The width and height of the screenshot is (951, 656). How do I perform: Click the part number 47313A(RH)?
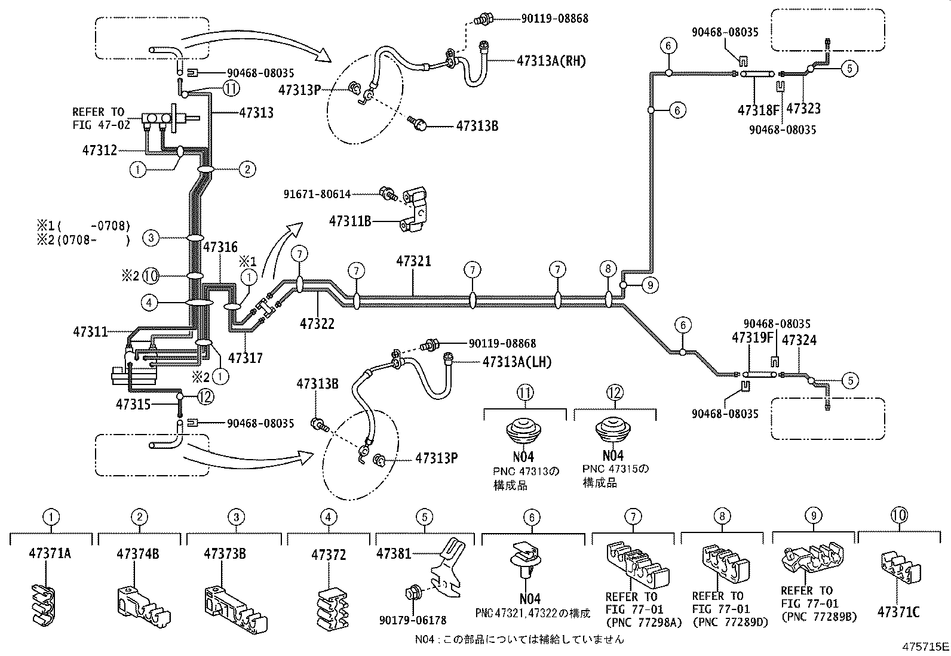pyautogui.click(x=551, y=60)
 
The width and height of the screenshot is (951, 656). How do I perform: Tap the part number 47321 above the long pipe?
pyautogui.click(x=413, y=261)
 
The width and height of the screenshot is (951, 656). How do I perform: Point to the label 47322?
pyautogui.click(x=317, y=324)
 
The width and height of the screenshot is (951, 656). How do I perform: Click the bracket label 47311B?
pyautogui.click(x=350, y=221)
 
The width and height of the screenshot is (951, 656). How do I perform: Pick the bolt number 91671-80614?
pyautogui.click(x=317, y=193)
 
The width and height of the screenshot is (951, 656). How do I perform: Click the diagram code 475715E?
pyautogui.click(x=925, y=646)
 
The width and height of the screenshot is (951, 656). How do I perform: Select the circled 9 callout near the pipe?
pyautogui.click(x=651, y=285)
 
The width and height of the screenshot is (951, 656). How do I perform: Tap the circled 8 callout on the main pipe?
pyautogui.click(x=608, y=269)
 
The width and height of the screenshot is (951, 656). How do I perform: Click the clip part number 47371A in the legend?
pyautogui.click(x=50, y=553)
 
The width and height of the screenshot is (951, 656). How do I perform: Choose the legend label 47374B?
pyautogui.click(x=138, y=553)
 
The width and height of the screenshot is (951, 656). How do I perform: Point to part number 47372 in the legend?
pyautogui.click(x=329, y=555)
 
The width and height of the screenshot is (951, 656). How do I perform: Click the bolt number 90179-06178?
pyautogui.click(x=412, y=620)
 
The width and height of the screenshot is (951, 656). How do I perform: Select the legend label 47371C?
pyautogui.click(x=898, y=612)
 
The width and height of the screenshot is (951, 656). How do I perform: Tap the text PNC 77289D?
pyautogui.click(x=729, y=621)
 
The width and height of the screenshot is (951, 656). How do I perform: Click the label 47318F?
pyautogui.click(x=759, y=110)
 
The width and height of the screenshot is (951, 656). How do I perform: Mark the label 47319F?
pyautogui.click(x=753, y=338)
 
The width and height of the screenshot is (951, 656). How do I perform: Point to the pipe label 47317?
pyautogui.click(x=246, y=358)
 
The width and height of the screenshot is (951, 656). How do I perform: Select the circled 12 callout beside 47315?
pyautogui.click(x=204, y=396)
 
